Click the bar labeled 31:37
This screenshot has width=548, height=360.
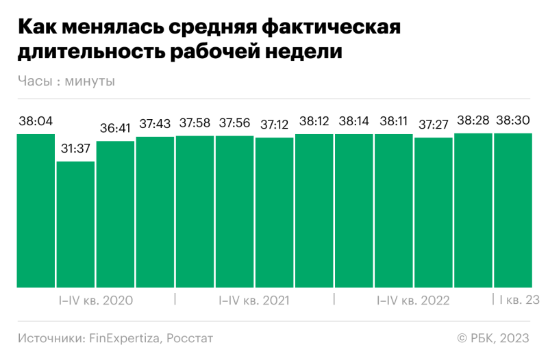[x=75, y=224]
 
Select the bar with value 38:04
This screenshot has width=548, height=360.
[x=36, y=211]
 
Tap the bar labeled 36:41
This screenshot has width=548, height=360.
[x=115, y=214]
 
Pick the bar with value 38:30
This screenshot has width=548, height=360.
[x=513, y=210]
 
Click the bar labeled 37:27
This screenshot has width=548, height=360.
[x=434, y=212]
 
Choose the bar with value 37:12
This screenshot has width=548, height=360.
[x=275, y=212]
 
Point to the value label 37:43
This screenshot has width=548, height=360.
[x=155, y=124]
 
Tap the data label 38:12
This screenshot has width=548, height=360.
[x=314, y=121]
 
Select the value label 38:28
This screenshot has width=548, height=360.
[x=473, y=120]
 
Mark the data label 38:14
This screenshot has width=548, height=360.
[x=354, y=121]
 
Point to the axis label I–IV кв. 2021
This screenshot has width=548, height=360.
[x=254, y=300]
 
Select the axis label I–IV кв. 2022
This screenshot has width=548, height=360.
[x=413, y=300]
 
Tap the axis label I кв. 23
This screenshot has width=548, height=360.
[x=519, y=300]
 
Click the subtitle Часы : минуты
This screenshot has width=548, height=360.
[x=66, y=81]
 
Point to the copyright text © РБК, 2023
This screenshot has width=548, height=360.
[x=493, y=338]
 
